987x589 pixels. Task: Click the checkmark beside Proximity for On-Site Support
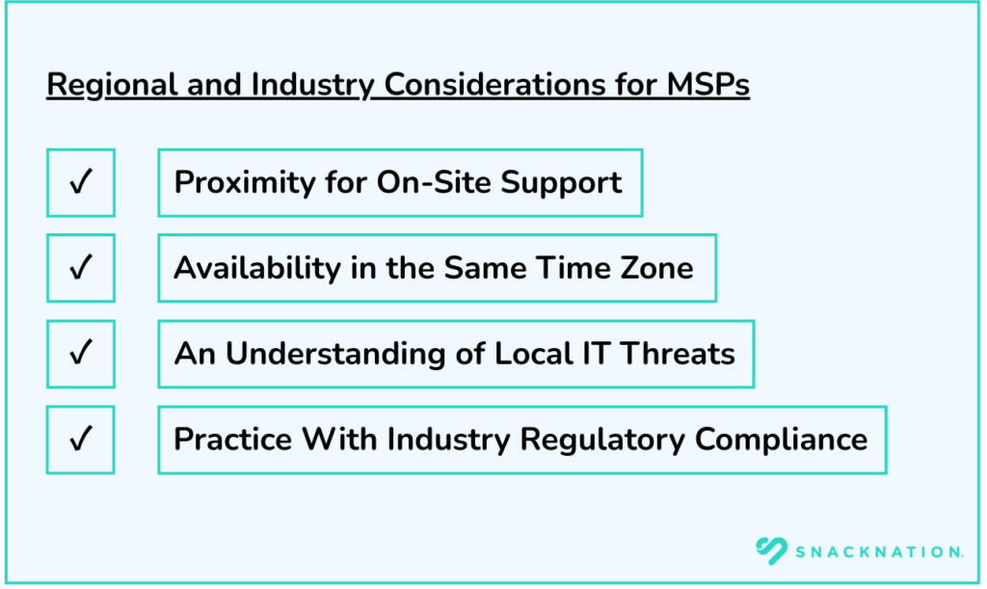(x=81, y=182)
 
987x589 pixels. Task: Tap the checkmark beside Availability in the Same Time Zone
(x=81, y=268)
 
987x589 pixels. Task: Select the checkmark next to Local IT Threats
(x=81, y=354)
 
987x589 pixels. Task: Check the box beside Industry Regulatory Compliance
(x=81, y=440)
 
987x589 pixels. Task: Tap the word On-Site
(x=433, y=182)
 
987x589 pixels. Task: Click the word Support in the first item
(x=568, y=183)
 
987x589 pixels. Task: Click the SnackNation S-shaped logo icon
(x=773, y=550)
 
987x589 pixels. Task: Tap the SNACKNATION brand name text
(x=879, y=551)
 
